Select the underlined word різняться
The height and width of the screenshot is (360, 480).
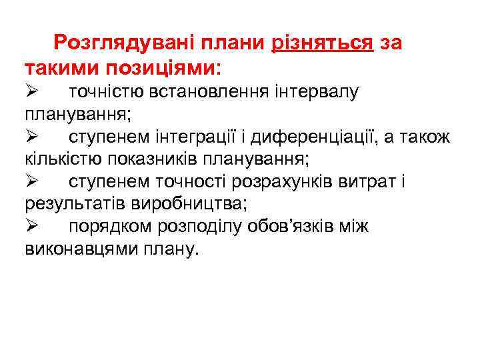[x=322, y=43]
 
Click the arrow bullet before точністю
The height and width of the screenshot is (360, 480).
[x=33, y=91]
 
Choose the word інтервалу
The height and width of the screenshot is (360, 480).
[x=316, y=91]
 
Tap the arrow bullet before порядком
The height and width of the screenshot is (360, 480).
[x=33, y=227]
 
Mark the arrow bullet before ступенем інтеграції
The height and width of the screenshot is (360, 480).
[x=33, y=137]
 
